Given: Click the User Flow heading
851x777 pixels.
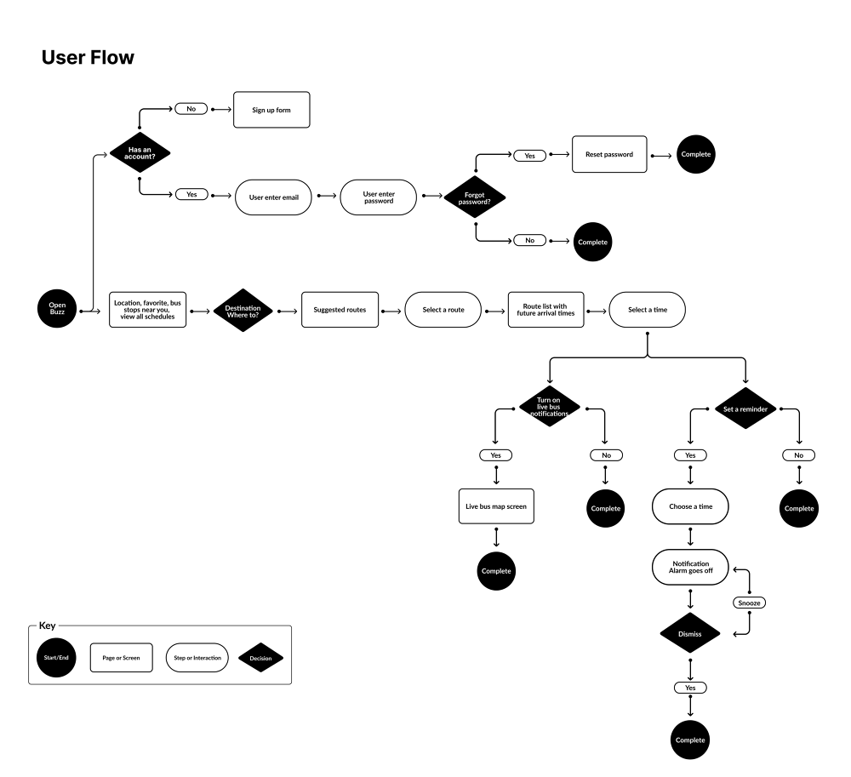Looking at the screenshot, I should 88,58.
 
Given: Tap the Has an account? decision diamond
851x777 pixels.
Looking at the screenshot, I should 140,153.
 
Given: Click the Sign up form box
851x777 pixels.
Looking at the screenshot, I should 271,110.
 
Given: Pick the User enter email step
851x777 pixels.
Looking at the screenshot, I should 274,197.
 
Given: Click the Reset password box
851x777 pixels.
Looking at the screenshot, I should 608,155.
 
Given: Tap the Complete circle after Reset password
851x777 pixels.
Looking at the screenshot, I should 695,155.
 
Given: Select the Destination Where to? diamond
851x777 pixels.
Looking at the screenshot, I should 243,310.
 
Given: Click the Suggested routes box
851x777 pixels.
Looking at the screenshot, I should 340,310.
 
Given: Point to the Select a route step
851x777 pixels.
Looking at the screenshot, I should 443,310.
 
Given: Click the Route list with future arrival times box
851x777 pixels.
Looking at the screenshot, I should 545,310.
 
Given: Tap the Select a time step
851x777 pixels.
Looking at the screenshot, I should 648,310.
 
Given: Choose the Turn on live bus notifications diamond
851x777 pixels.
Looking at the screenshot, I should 550,407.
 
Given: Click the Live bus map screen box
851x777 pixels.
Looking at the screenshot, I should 495,506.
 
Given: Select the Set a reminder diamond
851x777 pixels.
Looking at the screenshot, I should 745,408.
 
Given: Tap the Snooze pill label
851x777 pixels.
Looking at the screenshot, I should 749,603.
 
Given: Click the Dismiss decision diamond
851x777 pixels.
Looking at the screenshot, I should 690,634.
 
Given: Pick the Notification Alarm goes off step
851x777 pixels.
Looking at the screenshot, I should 690,568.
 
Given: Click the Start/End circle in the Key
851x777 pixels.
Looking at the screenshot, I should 57,657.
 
